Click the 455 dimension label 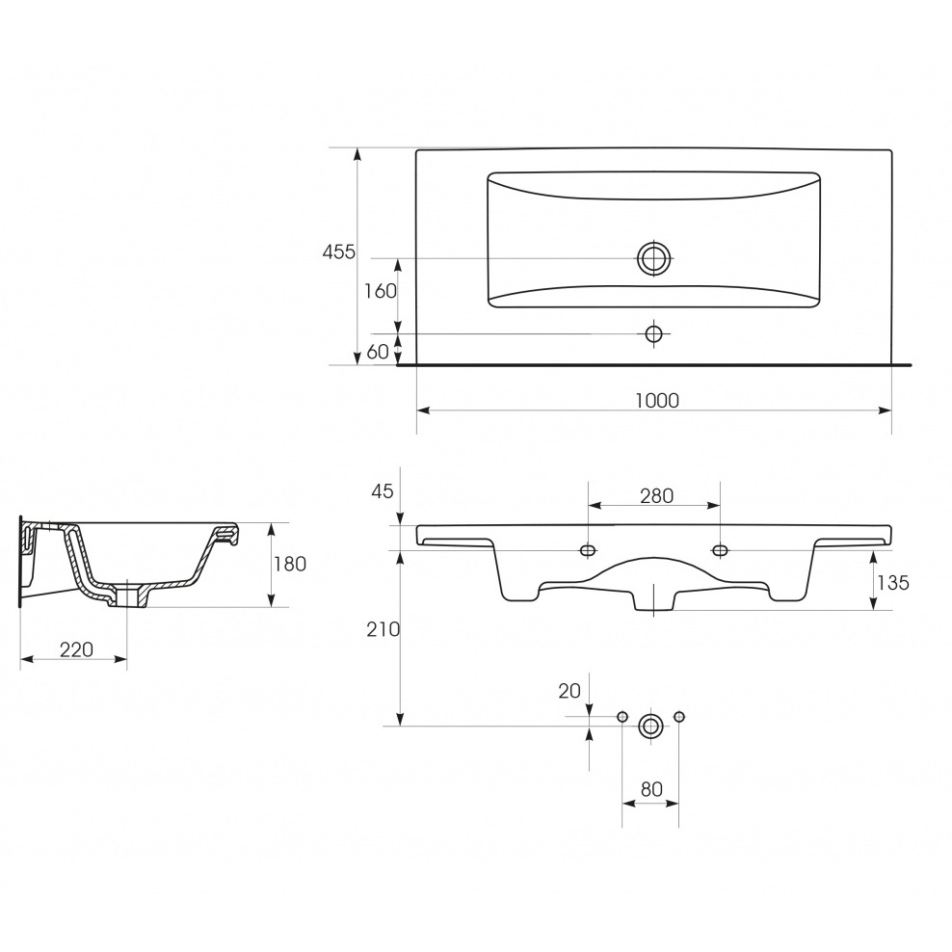pyautogui.click(x=339, y=251)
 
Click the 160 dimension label pyautogui.click(x=381, y=291)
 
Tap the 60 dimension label pyautogui.click(x=378, y=352)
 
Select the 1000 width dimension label pyautogui.click(x=657, y=400)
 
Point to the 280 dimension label pyautogui.click(x=657, y=496)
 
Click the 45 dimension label pyautogui.click(x=383, y=490)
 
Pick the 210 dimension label pyautogui.click(x=383, y=629)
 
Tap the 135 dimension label pyautogui.click(x=893, y=583)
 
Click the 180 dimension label pyautogui.click(x=290, y=564)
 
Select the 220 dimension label pyautogui.click(x=76, y=649)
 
